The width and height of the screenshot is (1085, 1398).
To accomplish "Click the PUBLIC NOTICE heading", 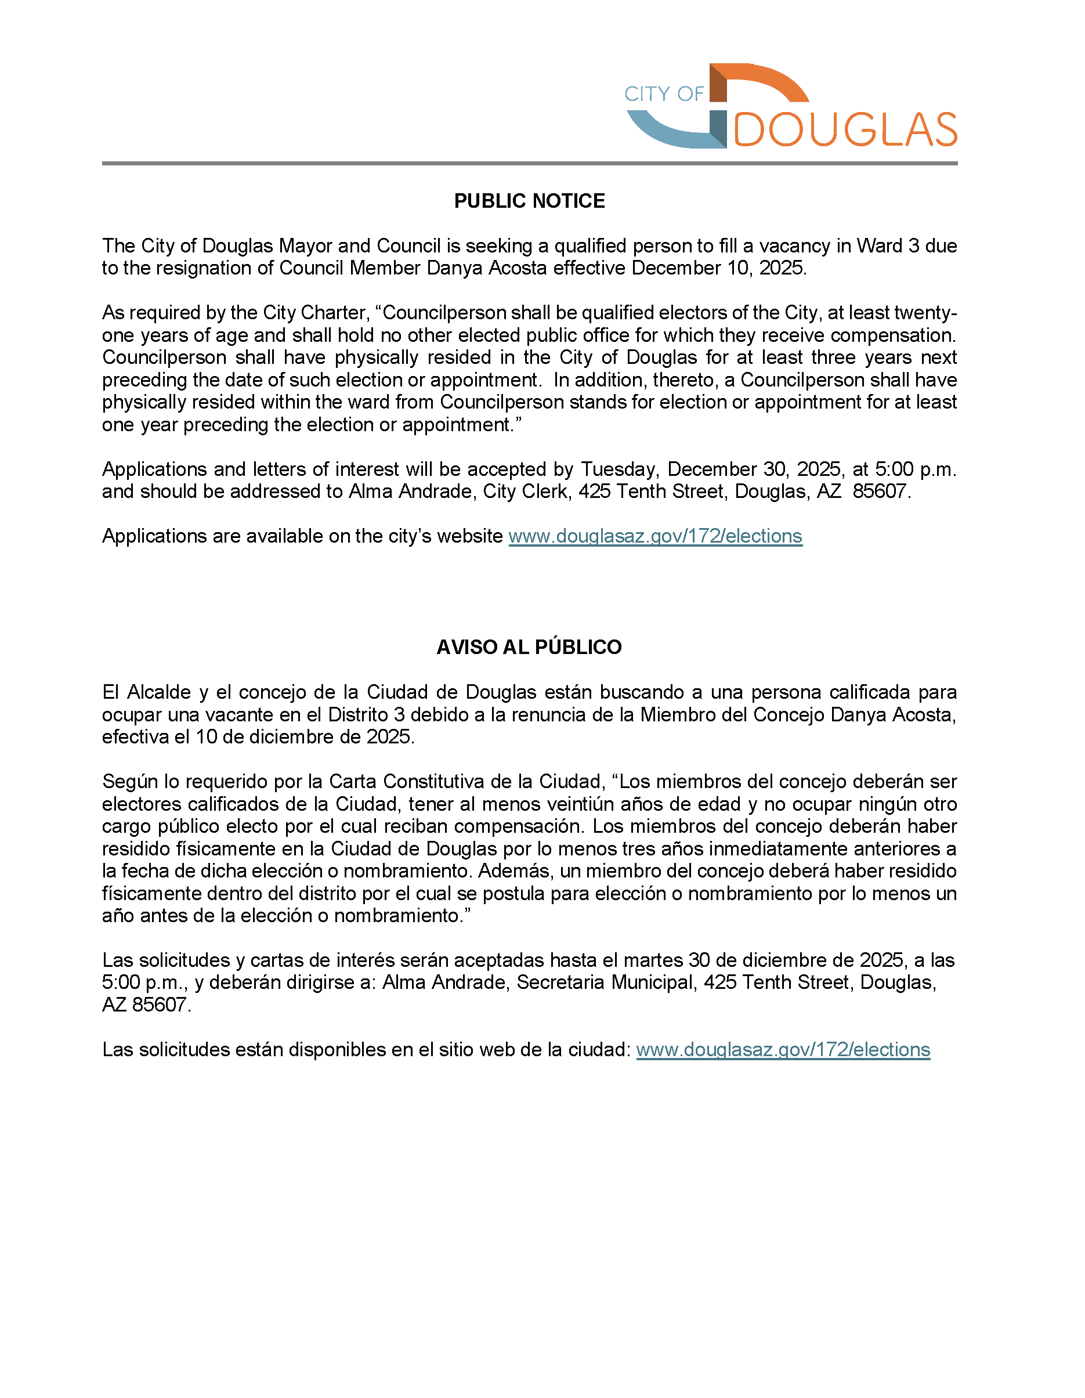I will tap(529, 201).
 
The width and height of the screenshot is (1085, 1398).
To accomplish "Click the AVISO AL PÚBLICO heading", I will tap(529, 647).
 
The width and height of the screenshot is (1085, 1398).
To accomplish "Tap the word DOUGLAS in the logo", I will tap(845, 130).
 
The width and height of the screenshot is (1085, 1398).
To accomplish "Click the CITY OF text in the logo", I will tap(663, 94).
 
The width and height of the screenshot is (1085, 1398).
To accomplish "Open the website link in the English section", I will tap(655, 536).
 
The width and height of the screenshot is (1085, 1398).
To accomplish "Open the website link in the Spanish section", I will tap(782, 1050).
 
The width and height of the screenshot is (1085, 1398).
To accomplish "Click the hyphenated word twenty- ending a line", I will tap(925, 313).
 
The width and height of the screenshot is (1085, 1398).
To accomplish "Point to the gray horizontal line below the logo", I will tap(529, 163).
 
